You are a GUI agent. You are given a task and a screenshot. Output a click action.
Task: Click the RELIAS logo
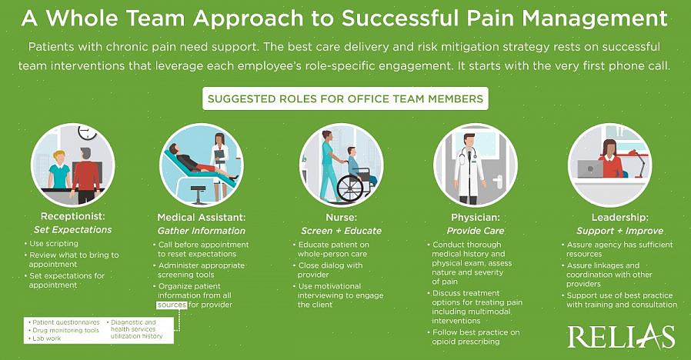point(621,337)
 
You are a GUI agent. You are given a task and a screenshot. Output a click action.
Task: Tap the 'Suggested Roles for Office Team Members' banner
point(345,98)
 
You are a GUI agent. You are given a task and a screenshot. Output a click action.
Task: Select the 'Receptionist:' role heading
point(72,216)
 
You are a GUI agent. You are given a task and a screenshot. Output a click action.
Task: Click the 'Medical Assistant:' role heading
point(202,217)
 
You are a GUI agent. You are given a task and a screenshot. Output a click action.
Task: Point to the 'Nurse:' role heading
point(341,217)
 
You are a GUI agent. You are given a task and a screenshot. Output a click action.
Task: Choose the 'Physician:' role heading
point(476,217)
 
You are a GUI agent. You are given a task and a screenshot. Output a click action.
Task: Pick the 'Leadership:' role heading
point(619,217)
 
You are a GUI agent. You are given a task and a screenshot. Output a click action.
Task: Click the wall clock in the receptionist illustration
point(87,132)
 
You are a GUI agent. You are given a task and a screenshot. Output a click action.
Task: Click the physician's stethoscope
point(468,155)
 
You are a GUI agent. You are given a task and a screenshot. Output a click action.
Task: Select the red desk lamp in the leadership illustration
point(637,161)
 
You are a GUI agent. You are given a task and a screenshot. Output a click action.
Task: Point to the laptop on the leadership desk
point(590,168)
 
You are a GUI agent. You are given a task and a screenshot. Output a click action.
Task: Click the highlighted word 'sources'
point(172,305)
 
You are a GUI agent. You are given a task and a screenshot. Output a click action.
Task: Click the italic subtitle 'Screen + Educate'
point(341,231)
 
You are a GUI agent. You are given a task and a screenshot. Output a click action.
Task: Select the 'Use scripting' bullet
point(51,243)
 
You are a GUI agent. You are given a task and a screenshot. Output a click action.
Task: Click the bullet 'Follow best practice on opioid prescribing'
point(473,337)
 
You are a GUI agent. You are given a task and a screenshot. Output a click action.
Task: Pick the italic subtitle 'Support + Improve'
point(619,231)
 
